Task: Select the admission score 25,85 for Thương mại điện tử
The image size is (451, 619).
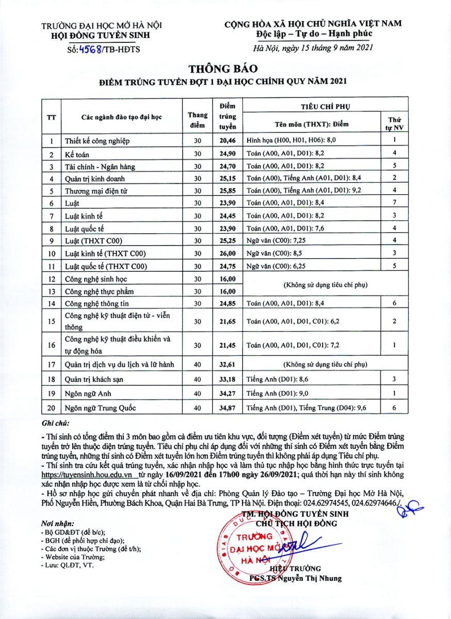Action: click(227, 191)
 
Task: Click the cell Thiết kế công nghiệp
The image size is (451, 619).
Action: click(97, 141)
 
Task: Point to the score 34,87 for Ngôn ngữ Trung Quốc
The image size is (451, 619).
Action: click(227, 408)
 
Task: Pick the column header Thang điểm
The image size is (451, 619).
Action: click(198, 120)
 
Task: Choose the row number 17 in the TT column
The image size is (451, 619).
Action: click(51, 364)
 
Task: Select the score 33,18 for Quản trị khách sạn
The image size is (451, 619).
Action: click(227, 379)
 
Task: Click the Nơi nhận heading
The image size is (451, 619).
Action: click(57, 523)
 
